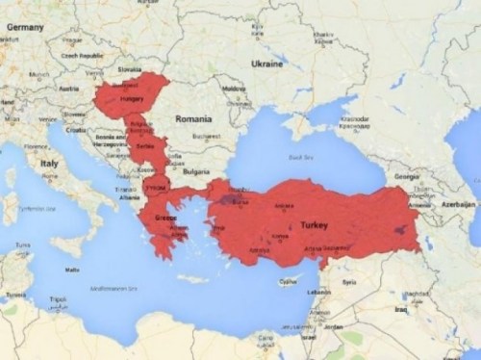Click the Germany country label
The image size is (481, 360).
[26, 27]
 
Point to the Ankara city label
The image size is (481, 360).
[285, 204]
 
